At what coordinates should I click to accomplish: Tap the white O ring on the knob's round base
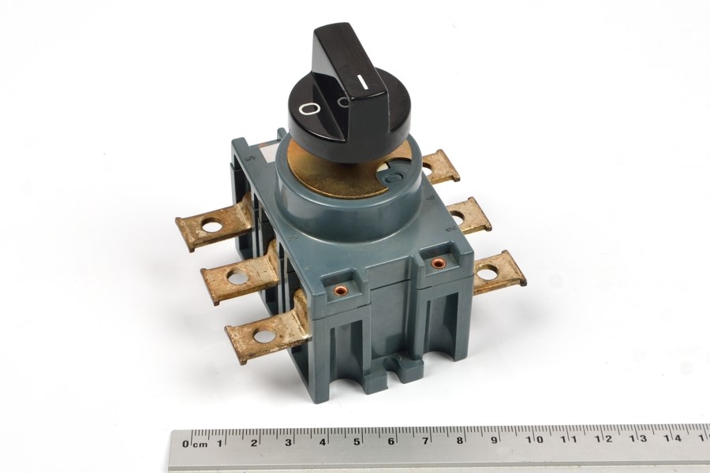coord(310,109)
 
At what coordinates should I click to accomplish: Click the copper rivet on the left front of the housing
coord(338,290)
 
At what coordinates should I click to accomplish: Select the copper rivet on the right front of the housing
coord(437,263)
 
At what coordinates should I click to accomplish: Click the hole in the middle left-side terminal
coord(237,277)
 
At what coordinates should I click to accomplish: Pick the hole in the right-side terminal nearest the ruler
coord(487,274)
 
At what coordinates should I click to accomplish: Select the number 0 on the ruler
coord(185,444)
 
